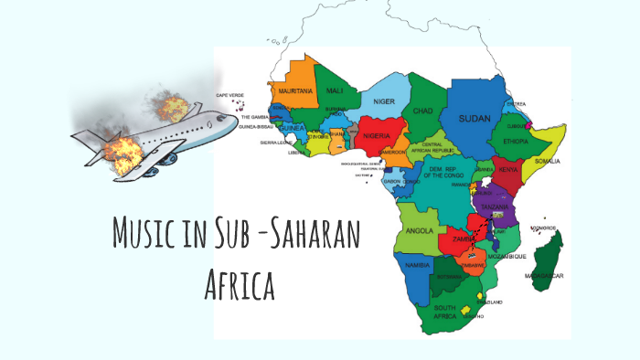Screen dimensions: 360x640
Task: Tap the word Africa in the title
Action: tap(240, 283)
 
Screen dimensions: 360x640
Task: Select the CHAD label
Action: tap(422, 111)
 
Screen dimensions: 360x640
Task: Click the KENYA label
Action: tap(509, 171)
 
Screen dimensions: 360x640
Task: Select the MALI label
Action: tap(335, 90)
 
